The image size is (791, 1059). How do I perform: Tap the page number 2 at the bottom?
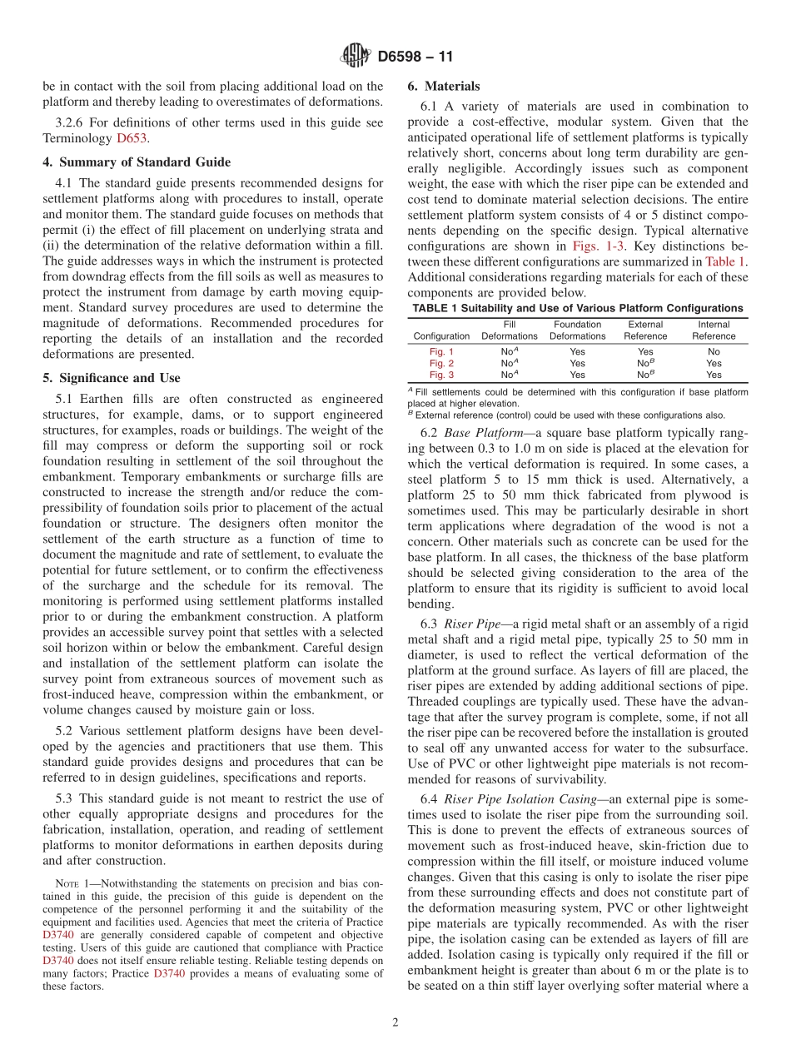395,1022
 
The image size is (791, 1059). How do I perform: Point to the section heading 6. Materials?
444,86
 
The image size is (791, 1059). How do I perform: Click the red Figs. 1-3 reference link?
595,246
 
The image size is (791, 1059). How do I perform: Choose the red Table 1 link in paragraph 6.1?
727,261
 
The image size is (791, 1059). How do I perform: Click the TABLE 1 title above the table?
578,308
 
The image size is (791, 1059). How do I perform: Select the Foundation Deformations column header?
577,331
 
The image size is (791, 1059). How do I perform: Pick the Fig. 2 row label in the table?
441,363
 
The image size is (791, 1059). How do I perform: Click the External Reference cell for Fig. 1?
645,351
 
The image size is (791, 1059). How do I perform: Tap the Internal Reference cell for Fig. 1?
714,351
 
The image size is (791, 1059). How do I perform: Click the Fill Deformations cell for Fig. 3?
509,375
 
